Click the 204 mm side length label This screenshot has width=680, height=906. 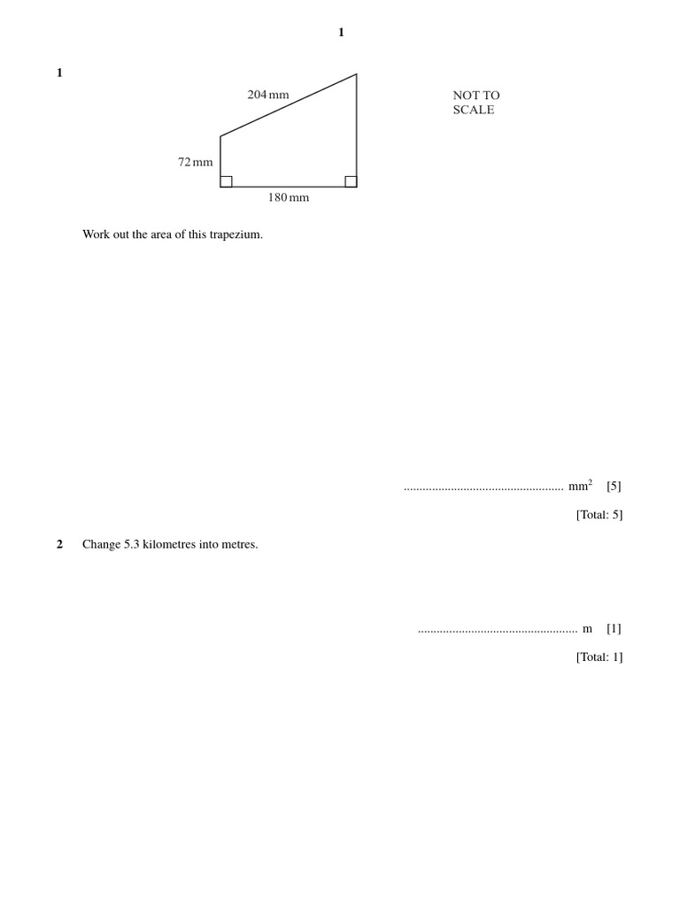[268, 95]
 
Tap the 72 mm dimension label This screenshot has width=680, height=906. [196, 162]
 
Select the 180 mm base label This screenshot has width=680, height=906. [289, 198]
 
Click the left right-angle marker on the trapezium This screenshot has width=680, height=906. [227, 181]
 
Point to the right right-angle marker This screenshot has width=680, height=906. [351, 181]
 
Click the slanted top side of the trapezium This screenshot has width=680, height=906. [289, 105]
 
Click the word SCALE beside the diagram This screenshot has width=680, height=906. [474, 111]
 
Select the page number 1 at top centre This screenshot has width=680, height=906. [341, 33]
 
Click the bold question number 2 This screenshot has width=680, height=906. [59, 545]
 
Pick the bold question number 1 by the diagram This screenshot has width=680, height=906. [59, 73]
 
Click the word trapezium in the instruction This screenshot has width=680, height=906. [234, 234]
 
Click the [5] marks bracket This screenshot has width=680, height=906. [614, 487]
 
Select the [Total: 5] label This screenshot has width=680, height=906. [599, 515]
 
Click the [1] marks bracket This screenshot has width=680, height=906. [614, 629]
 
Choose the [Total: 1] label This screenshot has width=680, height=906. [599, 657]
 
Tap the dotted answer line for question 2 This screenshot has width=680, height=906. [497, 631]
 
